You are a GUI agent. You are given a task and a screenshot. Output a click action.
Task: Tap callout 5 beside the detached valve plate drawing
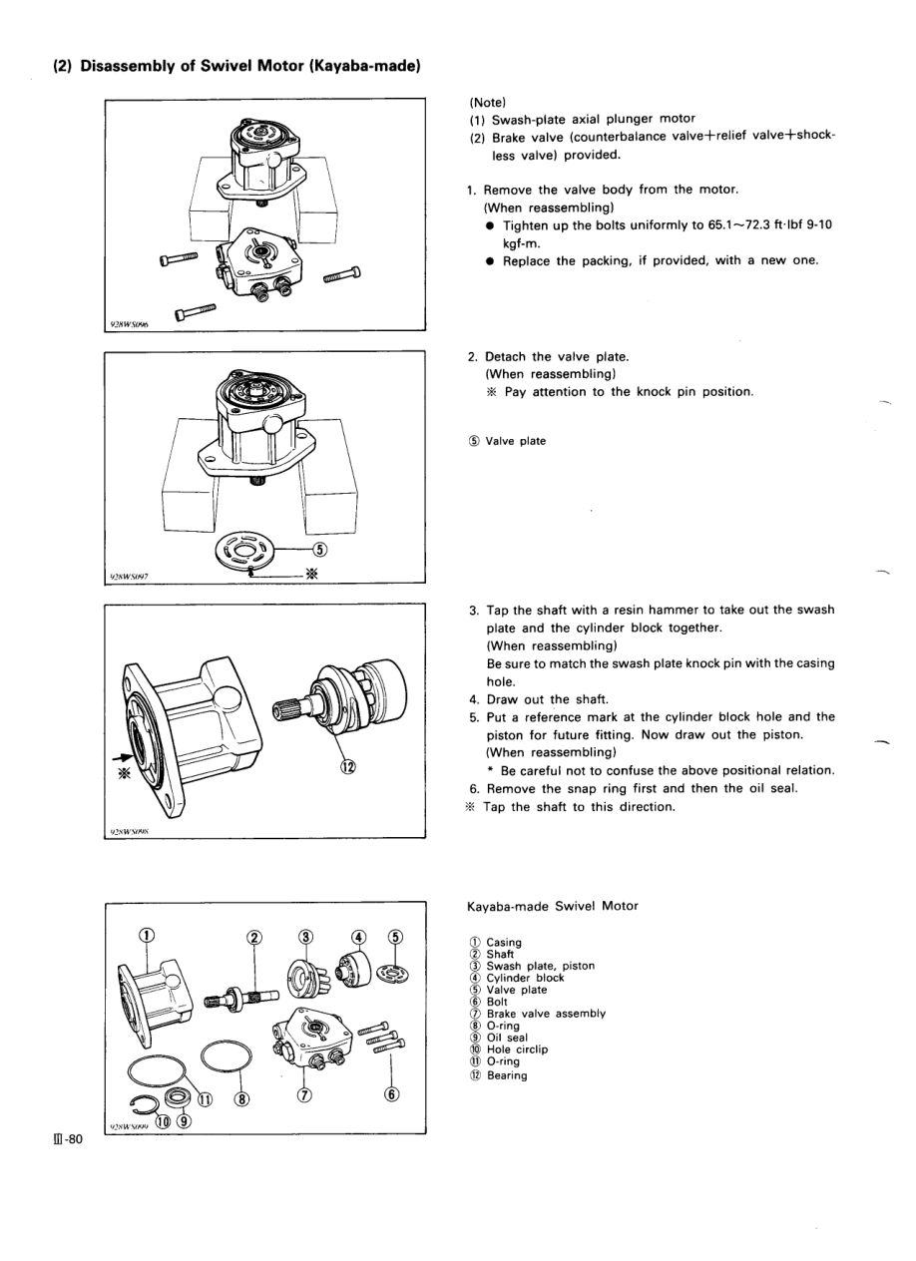tap(319, 549)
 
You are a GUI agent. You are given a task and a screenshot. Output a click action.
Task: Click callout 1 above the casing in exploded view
tap(147, 935)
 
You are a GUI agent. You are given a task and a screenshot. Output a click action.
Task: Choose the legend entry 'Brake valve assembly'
tap(545, 1014)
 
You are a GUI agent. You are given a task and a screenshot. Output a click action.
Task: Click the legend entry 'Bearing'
tap(506, 1075)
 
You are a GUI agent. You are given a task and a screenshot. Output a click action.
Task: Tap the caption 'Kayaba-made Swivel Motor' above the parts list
tap(552, 906)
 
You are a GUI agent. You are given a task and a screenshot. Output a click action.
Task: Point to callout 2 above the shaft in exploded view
tap(253, 936)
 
